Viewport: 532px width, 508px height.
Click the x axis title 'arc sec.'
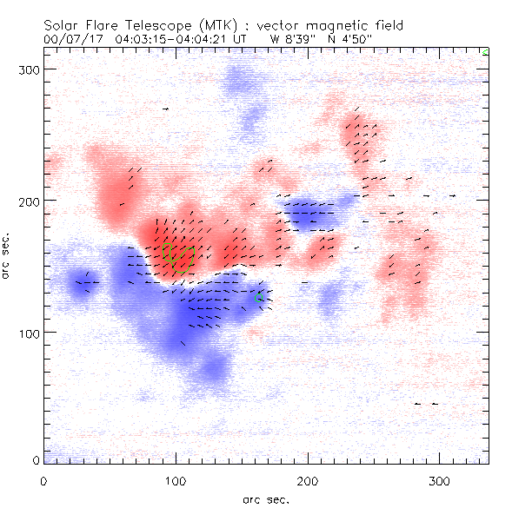266,499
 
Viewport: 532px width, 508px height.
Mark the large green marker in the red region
173,258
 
